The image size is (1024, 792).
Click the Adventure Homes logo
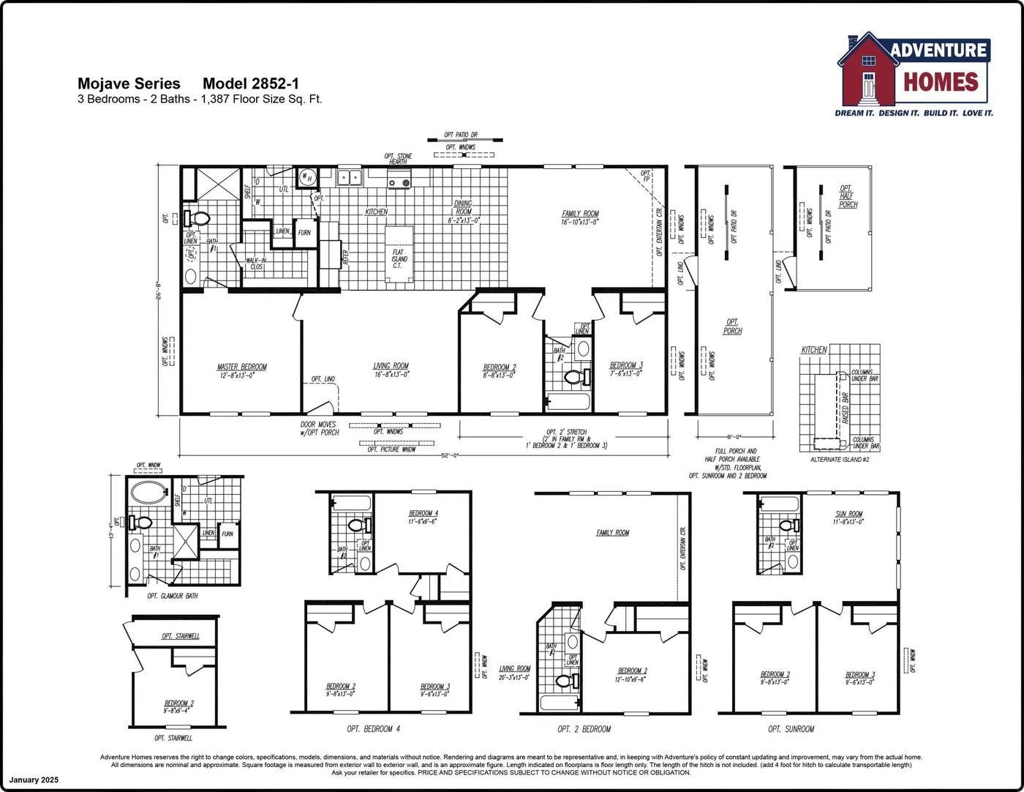pos(914,73)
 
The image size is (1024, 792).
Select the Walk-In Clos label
pos(256,264)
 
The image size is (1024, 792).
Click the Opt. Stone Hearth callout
pos(399,159)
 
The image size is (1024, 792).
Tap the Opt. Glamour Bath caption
pos(173,596)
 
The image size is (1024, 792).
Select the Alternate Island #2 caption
pos(839,460)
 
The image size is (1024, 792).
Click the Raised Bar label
pos(846,408)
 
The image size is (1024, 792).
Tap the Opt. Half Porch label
pos(847,197)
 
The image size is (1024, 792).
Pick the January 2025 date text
pos(34,780)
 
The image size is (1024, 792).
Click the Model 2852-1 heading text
pos(250,84)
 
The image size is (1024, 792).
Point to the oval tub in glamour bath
pos(149,492)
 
